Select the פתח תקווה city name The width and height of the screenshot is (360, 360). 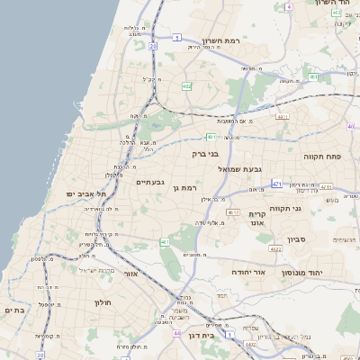click(322, 156)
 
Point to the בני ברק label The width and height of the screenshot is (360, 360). click(206, 154)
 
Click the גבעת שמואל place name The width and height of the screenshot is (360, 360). click(240, 168)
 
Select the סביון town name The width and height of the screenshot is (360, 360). click(297, 239)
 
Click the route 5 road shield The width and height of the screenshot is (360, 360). click(178, 38)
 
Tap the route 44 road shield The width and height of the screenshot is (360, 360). click(176, 333)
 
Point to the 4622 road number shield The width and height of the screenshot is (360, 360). click(264, 258)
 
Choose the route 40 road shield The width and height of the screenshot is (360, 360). click(350, 127)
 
